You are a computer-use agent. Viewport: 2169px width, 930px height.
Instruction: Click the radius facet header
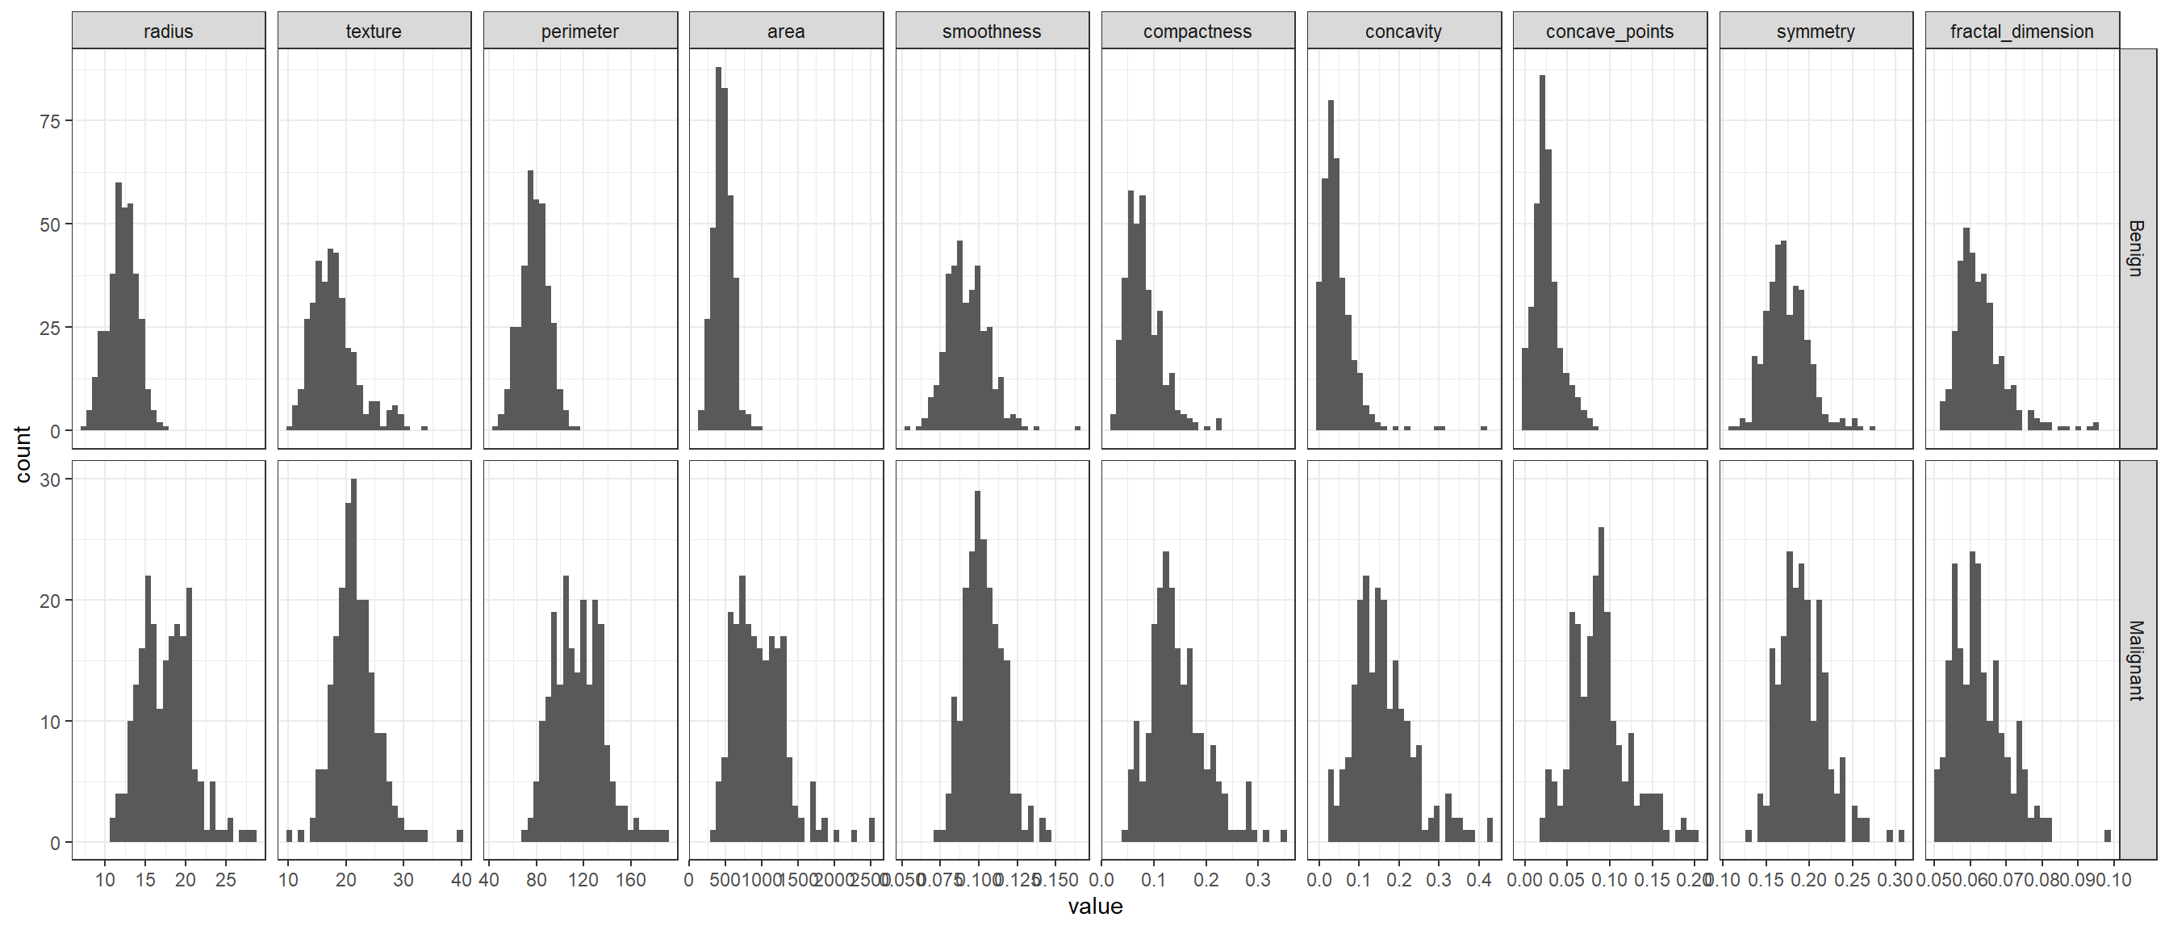coord(169,31)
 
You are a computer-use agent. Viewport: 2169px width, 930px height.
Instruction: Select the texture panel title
coord(374,31)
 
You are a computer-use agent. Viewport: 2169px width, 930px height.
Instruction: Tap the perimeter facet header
coord(580,31)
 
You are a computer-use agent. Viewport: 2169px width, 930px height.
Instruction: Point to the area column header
coord(786,31)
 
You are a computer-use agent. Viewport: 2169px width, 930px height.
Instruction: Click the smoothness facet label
coord(992,31)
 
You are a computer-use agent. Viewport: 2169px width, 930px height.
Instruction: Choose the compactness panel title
coord(1197,31)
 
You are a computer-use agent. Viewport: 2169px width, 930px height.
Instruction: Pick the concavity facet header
coord(1403,31)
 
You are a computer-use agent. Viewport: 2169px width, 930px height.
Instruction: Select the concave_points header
coord(1610,31)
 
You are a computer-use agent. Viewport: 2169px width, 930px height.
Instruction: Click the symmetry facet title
coord(1816,31)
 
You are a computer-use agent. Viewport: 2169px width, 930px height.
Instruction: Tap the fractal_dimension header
coord(2021,31)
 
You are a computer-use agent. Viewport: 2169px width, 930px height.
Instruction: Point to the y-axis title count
coord(23,455)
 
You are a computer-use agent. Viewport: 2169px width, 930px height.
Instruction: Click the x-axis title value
coord(1096,907)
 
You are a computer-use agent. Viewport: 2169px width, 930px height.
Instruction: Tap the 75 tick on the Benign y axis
coord(50,121)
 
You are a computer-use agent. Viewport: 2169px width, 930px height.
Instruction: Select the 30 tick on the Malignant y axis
coord(50,480)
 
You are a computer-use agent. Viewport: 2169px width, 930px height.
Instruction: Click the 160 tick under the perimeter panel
coord(631,880)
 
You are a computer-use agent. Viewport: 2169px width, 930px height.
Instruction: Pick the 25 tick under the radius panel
coord(226,880)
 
